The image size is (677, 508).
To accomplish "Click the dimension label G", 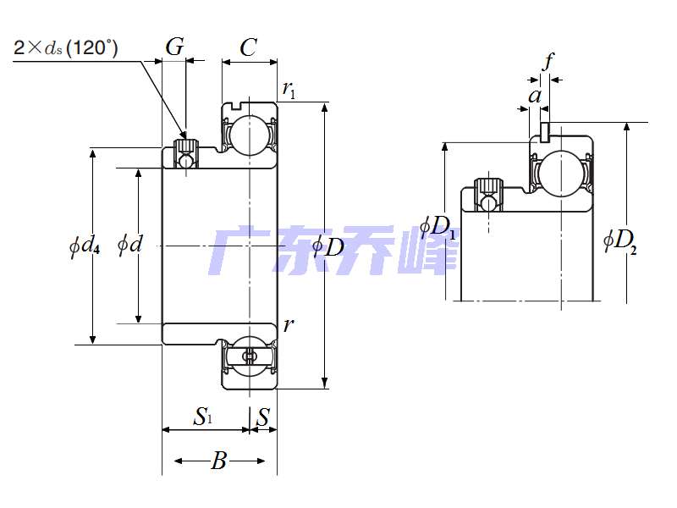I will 174,47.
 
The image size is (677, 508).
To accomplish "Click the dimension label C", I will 248,48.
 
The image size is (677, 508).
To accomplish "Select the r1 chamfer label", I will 289,90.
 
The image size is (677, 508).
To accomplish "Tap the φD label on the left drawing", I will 329,247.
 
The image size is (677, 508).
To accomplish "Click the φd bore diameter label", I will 129,246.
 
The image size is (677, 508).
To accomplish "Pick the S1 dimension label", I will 204,416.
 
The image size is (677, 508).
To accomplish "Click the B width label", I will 219,461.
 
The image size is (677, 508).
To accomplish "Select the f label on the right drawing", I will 548,61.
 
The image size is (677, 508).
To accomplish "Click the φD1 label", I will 438,228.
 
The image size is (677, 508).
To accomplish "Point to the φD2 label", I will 620,240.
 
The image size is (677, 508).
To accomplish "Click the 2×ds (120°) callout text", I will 66,47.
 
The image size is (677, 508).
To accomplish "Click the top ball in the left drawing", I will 250,135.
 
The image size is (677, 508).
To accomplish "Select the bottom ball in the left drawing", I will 250,356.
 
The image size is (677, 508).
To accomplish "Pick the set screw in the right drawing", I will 488,194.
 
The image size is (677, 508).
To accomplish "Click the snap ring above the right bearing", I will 545,130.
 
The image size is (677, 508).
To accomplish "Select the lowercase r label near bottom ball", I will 289,324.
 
